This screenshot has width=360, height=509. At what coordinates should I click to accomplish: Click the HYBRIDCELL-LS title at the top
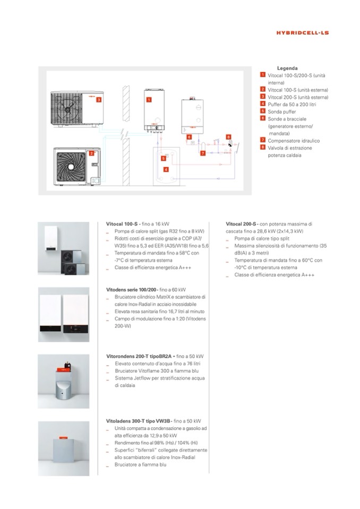coord(303,33)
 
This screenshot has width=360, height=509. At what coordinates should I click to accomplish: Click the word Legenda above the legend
coord(287,68)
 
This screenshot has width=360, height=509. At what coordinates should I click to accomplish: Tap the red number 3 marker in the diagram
coord(99,99)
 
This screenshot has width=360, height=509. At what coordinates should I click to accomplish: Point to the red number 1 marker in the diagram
coord(149,100)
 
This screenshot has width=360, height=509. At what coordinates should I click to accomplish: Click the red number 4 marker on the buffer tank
coord(166,169)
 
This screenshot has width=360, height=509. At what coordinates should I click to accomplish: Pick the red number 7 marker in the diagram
coord(202,153)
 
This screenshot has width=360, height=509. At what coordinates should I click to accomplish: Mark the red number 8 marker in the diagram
coord(229,137)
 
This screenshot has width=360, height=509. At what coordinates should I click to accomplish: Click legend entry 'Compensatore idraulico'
coord(289,140)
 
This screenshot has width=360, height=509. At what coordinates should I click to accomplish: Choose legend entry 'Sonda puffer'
coord(281,112)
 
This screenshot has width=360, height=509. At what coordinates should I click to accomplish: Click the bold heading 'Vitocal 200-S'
coord(242,225)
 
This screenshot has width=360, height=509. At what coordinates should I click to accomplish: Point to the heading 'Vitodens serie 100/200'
coord(132,290)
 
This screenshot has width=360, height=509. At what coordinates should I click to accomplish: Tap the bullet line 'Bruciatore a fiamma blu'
coord(141,464)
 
